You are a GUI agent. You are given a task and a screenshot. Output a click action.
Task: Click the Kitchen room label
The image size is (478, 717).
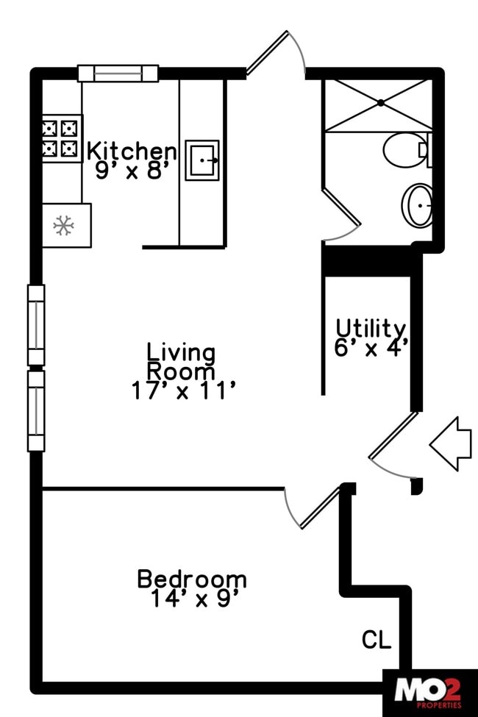[132, 151]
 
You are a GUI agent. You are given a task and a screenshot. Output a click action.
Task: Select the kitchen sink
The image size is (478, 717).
[201, 160]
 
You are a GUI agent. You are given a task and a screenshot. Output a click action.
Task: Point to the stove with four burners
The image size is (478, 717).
[60, 139]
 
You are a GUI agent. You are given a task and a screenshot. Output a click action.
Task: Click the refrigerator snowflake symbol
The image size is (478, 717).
[64, 226]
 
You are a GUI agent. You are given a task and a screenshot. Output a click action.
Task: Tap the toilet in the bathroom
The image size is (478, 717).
[405, 150]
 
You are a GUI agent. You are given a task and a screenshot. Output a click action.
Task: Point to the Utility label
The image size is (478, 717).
[370, 328]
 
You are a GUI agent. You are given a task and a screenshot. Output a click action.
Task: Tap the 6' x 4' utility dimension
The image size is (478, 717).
[371, 348]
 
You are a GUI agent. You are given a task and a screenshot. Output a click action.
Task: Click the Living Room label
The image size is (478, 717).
[181, 361]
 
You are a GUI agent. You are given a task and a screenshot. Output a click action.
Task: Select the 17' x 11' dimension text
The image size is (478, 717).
[183, 390]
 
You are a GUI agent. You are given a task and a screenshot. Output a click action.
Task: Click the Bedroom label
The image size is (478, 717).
[192, 579]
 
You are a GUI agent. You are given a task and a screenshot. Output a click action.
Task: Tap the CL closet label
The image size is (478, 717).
[376, 641]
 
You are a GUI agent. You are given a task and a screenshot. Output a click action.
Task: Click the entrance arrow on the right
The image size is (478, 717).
[449, 443]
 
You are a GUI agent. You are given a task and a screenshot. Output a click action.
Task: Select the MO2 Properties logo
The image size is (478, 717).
[429, 693]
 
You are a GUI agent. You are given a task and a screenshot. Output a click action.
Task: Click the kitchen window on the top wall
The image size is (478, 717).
[118, 74]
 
